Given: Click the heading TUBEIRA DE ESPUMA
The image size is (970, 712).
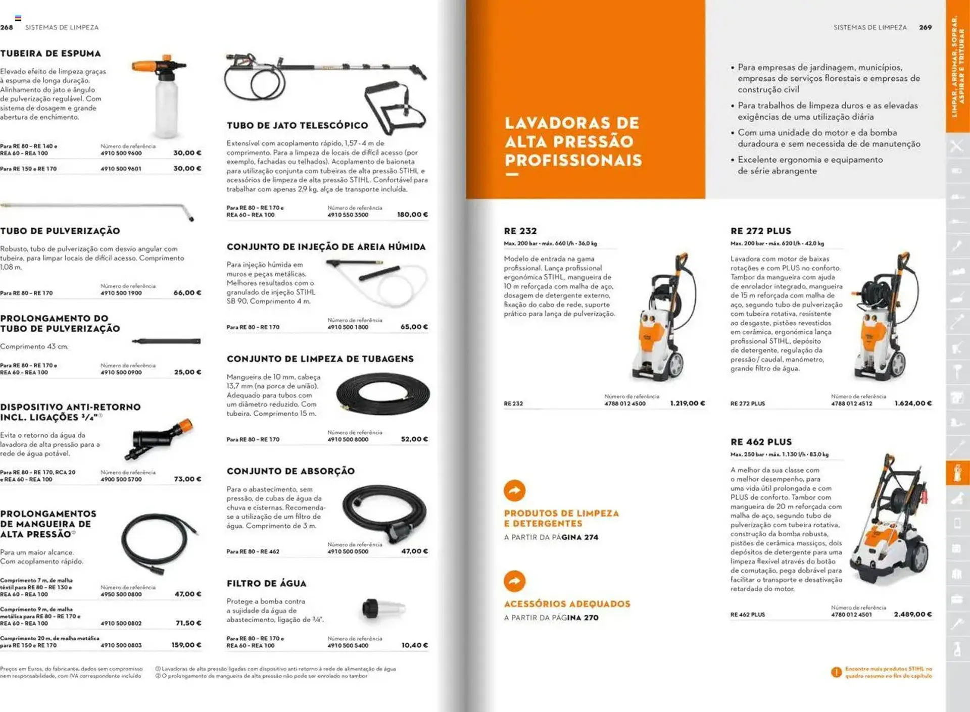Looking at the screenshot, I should (51, 54).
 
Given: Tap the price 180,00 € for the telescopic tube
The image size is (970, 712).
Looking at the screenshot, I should (412, 215).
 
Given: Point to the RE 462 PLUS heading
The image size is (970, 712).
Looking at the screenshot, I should (761, 442).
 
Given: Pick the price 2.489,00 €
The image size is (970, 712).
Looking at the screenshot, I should (912, 615).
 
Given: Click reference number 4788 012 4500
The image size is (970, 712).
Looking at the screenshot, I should (625, 404).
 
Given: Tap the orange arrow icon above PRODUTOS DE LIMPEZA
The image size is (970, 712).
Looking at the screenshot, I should (514, 490).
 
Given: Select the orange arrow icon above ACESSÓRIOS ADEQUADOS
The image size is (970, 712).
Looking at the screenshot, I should (514, 581).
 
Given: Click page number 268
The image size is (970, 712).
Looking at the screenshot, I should (7, 27).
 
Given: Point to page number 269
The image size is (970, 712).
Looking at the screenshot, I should (925, 27).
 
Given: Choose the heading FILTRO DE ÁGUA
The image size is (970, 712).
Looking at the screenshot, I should (266, 584).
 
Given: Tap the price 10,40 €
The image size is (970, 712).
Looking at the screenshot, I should (414, 645).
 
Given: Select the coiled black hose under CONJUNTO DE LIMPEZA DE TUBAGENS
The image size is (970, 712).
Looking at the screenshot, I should (382, 394).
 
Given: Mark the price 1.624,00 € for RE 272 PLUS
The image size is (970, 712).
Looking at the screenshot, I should (913, 403).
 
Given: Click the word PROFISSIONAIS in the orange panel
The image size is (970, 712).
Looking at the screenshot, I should (573, 161).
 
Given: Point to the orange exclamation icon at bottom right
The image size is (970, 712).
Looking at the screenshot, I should (836, 672).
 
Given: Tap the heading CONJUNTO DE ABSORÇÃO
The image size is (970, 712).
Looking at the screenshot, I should (290, 471).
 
